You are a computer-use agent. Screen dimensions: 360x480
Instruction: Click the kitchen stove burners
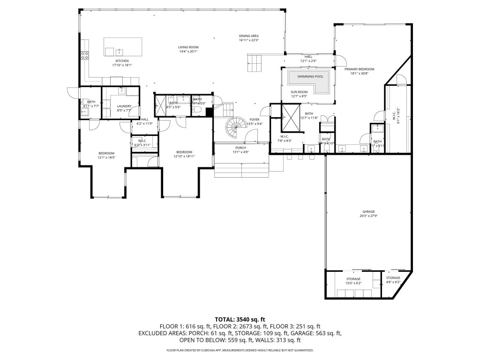(85, 55)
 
